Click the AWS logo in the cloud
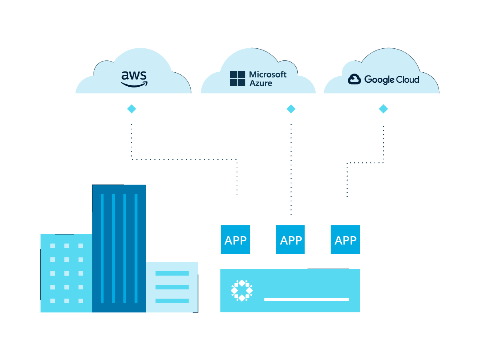click(x=134, y=78)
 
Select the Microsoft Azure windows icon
click(x=237, y=78)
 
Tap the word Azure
click(x=261, y=83)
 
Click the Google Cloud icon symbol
click(x=354, y=79)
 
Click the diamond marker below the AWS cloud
click(x=131, y=109)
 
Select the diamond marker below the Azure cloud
click(x=291, y=109)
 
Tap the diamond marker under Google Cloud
click(x=383, y=109)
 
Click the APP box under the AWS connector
click(x=235, y=240)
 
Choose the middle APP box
click(x=290, y=240)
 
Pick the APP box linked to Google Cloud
click(x=345, y=240)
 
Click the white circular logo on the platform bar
click(x=242, y=290)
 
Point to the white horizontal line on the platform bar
click(x=307, y=299)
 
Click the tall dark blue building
click(x=119, y=248)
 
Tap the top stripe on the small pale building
click(x=172, y=273)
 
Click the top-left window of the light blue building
click(x=53, y=246)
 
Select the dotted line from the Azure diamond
click(x=291, y=168)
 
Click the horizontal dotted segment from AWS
click(x=184, y=159)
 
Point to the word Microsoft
click(x=268, y=74)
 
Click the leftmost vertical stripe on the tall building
click(x=102, y=248)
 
